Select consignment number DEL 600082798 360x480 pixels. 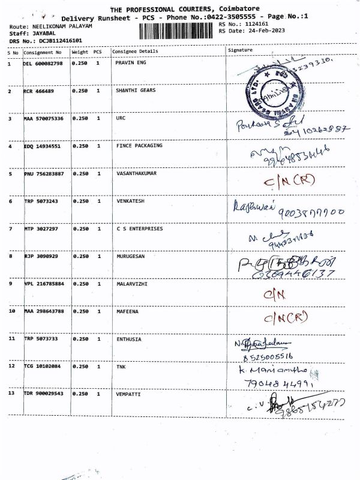tap(43, 63)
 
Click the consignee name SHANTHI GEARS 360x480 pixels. tap(131, 91)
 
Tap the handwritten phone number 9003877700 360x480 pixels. tap(308, 211)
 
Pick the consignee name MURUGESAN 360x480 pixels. tap(130, 256)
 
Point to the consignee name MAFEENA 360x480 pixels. tap(128, 311)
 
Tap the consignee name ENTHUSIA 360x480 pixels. tap(129, 339)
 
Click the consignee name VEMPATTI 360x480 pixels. tap(128, 394)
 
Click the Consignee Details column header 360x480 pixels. tap(136, 52)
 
